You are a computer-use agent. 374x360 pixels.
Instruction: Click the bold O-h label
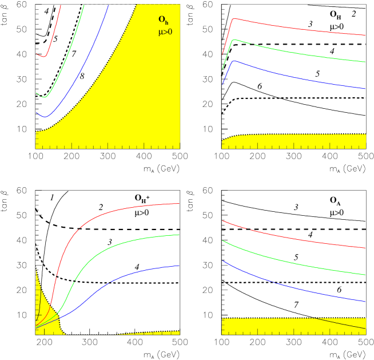(163, 20)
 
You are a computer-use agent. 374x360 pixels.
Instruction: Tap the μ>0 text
(165, 33)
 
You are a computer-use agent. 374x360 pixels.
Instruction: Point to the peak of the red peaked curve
(233, 19)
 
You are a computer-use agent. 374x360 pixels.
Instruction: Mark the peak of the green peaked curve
(233, 40)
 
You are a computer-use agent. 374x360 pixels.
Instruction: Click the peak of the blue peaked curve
(233, 61)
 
